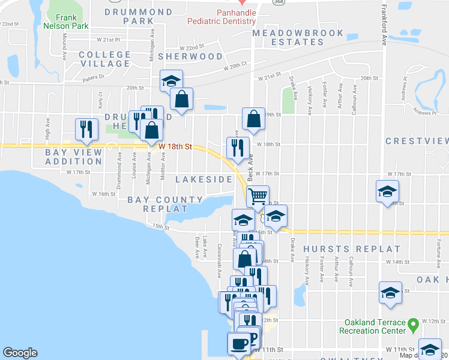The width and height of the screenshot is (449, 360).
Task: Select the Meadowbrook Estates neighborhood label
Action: pyautogui.click(x=298, y=37)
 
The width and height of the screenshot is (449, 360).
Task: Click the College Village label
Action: pyautogui.click(x=104, y=59)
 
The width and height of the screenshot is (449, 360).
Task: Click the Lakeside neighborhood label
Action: pyautogui.click(x=203, y=179)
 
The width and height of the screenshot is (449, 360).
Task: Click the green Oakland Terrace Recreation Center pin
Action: pyautogui.click(x=413, y=326)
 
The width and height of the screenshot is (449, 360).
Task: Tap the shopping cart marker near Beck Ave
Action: pyautogui.click(x=258, y=196)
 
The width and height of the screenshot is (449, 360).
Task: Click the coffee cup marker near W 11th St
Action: pyautogui.click(x=238, y=343)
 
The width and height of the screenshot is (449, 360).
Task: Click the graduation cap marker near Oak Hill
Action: pyautogui.click(x=390, y=292)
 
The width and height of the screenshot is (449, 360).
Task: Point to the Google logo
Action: pyautogui.click(x=20, y=353)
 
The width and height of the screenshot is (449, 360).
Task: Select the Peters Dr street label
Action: pyautogui.click(x=93, y=77)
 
